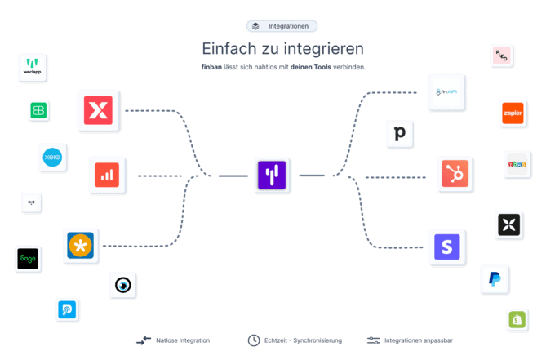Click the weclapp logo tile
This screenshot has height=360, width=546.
click(x=34, y=67)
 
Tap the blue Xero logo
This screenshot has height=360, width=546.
click(x=53, y=157)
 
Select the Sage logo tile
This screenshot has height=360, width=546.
click(x=29, y=258)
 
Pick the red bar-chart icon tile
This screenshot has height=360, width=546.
click(x=108, y=174)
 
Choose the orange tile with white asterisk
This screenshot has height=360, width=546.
click(x=81, y=245)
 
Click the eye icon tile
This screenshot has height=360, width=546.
click(x=123, y=285)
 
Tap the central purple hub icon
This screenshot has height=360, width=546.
click(x=271, y=175)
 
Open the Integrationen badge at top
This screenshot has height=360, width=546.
click(x=282, y=26)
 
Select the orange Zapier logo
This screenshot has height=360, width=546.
click(x=512, y=113)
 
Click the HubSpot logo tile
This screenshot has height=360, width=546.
click(x=455, y=174)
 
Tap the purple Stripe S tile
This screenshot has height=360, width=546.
click(x=447, y=246)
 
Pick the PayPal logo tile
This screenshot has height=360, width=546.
click(x=495, y=279)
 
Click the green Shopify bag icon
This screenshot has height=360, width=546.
click(x=517, y=319)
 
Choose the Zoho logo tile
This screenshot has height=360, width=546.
click(x=517, y=163)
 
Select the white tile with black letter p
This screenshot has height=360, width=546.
click(x=400, y=133)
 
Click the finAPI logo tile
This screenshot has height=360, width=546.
click(x=449, y=92)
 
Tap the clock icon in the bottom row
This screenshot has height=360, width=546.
click(x=254, y=340)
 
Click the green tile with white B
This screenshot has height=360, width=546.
click(x=38, y=110)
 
